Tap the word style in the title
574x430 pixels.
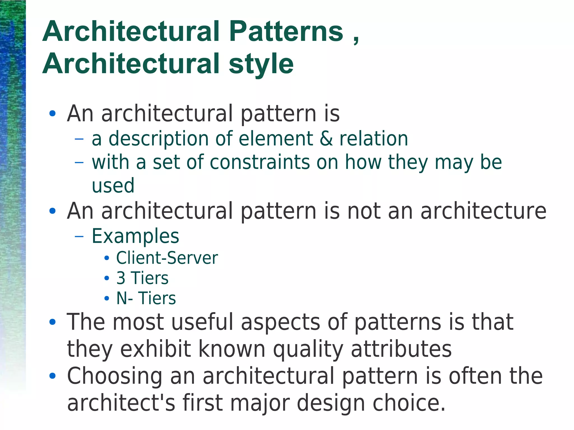[261, 64]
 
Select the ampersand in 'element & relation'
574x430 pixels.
[326, 139]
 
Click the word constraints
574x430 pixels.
[260, 162]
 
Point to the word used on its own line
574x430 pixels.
[113, 185]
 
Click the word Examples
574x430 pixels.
[135, 236]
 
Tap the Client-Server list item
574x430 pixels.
[167, 258]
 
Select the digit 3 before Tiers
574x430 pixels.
[121, 278]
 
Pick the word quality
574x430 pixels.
[308, 349]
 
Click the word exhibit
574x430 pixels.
[156, 349]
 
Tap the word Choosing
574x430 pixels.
[115, 376]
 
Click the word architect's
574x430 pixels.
[121, 403]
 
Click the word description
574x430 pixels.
[158, 139]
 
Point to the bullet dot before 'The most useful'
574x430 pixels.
[52, 322]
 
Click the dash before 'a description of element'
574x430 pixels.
[79, 139]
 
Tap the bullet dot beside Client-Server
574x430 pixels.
[107, 258]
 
